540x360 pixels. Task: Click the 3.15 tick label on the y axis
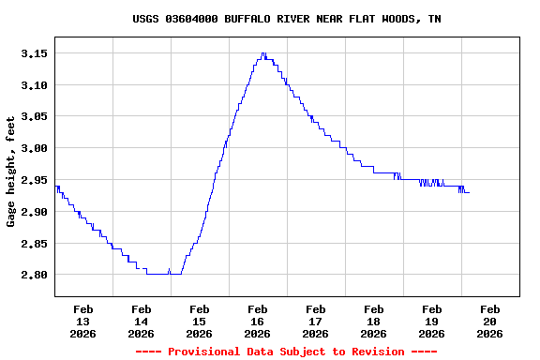[34, 53]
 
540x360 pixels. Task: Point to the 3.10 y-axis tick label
[34, 85]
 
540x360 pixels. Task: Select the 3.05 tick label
[34, 117]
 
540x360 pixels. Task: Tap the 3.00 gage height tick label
[34, 148]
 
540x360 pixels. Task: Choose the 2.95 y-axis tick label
[34, 180]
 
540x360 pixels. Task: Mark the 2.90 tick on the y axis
[34, 212]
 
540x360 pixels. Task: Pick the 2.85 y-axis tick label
[34, 244]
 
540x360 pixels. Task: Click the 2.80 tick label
[34, 275]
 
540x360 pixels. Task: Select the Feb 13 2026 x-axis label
[83, 321]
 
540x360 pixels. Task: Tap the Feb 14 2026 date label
[142, 321]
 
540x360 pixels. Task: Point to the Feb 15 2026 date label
[200, 321]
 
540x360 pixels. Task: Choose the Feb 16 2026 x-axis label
[258, 321]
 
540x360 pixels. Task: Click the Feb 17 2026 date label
[316, 321]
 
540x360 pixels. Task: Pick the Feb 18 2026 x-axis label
[374, 321]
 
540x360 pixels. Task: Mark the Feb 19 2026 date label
[432, 321]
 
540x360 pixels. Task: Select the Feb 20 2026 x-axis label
[490, 321]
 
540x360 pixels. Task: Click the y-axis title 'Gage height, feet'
[11, 172]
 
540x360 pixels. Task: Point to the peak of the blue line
[263, 53]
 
